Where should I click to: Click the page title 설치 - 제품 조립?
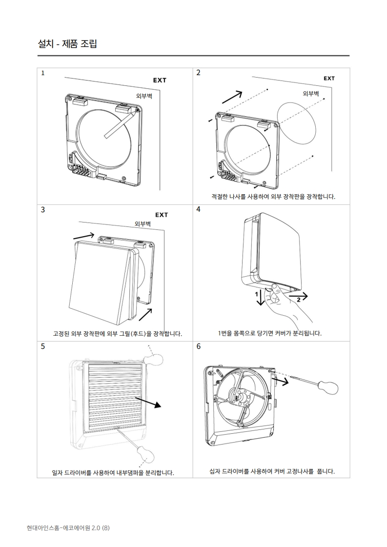tap(67, 44)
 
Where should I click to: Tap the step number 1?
tap(43, 73)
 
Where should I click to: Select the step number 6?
tap(198, 346)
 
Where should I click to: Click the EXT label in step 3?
tap(161, 215)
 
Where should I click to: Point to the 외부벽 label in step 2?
tap(311, 93)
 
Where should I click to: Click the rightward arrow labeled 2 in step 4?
tap(298, 296)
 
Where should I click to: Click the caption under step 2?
tap(273, 197)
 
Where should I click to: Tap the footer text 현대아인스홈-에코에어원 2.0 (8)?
tap(68, 527)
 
